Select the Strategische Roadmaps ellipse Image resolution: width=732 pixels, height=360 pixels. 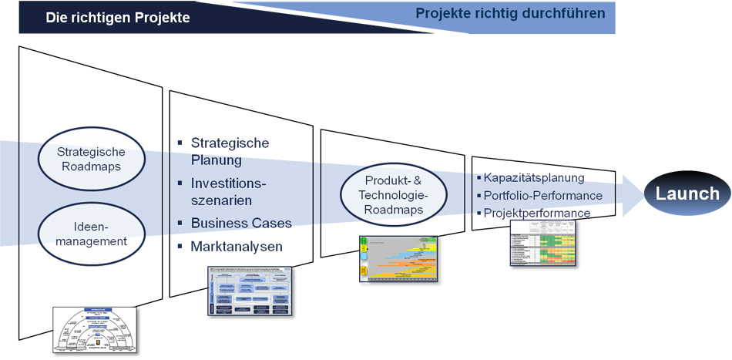click(91, 160)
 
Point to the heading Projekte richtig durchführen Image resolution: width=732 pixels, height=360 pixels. click(510, 13)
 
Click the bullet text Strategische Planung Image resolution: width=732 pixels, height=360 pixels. click(229, 152)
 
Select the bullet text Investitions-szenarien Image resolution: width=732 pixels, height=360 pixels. click(229, 193)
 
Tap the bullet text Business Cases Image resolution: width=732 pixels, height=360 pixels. click(241, 224)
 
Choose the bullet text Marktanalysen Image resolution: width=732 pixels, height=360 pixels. click(237, 247)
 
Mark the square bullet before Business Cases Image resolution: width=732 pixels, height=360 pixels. click(180, 223)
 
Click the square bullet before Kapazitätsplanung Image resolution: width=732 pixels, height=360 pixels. click(478, 178)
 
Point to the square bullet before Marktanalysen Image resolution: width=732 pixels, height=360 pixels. click(180, 247)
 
